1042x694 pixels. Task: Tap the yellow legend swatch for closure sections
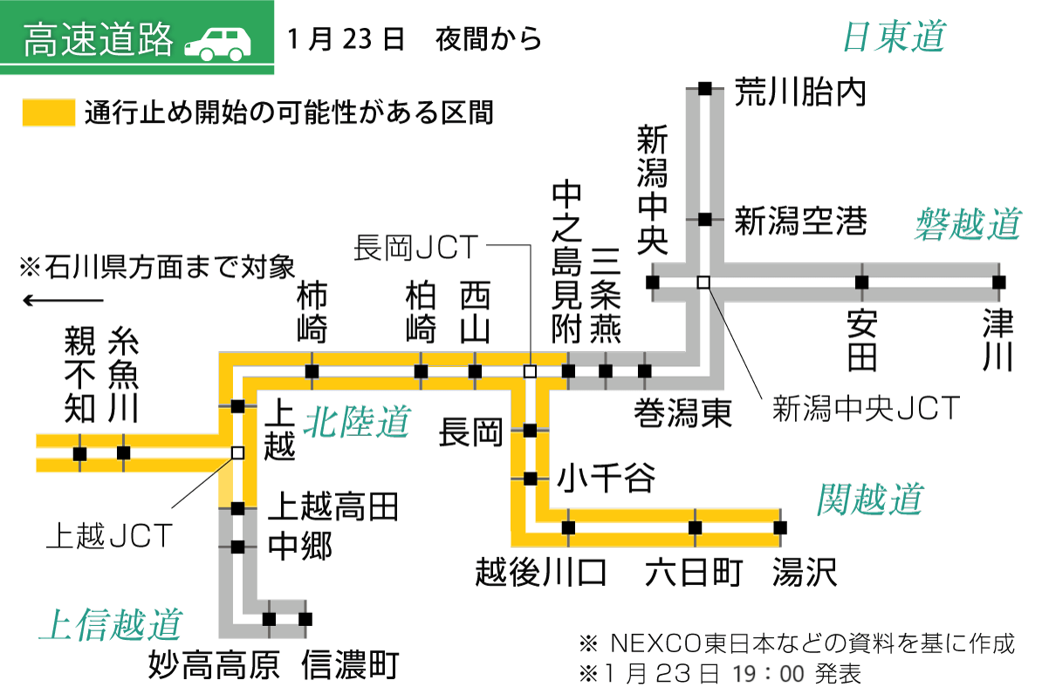click(48, 113)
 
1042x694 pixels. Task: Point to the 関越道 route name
click(869, 500)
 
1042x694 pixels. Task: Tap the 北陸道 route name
click(356, 424)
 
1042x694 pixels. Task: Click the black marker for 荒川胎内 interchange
click(705, 88)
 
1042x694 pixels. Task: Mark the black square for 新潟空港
click(705, 219)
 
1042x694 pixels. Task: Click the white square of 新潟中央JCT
click(703, 282)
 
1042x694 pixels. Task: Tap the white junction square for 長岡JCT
click(529, 371)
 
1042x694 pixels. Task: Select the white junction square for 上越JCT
click(237, 452)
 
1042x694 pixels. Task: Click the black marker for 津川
click(998, 282)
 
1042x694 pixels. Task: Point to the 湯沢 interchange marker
click(780, 527)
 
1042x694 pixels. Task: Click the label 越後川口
click(541, 574)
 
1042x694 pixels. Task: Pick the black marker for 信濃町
click(305, 619)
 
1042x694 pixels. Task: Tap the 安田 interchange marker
click(861, 282)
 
